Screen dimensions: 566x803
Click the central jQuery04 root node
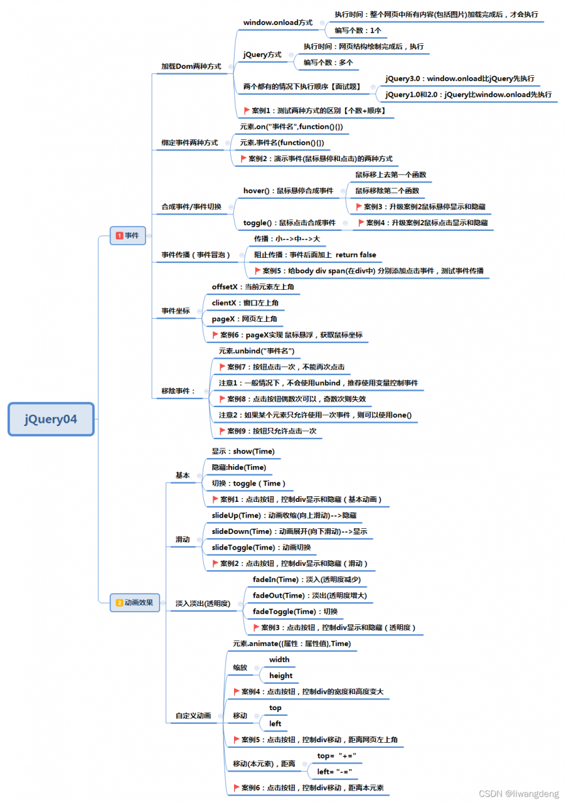[51, 419]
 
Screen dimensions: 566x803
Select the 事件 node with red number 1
[127, 235]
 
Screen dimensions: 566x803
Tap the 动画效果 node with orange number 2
[134, 603]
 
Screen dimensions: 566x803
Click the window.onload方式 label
[278, 23]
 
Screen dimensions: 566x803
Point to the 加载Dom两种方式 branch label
[191, 66]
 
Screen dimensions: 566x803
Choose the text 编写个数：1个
[358, 31]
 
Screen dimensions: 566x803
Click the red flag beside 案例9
[222, 431]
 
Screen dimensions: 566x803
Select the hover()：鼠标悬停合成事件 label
[289, 191]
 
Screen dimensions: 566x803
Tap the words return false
[356, 255]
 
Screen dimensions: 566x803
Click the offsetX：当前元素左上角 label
[253, 287]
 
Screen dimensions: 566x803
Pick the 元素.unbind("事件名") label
[257, 351]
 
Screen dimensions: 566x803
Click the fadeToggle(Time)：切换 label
[295, 612]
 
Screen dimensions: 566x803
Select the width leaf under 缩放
[279, 659]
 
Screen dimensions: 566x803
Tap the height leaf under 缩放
[281, 676]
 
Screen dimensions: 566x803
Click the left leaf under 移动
[275, 724]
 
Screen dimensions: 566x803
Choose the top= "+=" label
[336, 756]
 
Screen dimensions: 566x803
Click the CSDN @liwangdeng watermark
[519, 794]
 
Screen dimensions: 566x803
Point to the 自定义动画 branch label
[193, 716]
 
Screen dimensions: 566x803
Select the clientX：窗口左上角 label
[245, 303]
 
